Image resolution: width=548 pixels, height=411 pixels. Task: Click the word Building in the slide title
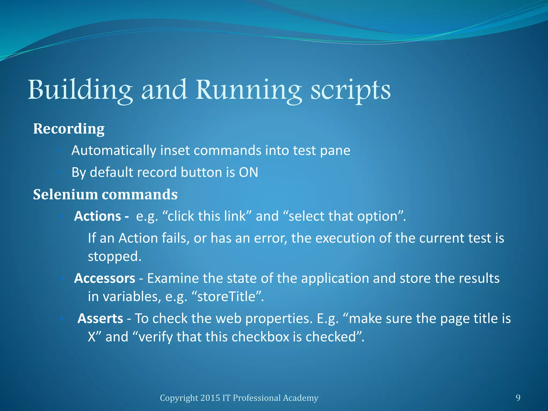pos(80,90)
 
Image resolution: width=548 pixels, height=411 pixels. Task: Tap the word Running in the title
pos(249,90)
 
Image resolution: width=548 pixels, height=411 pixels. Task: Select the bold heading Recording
pos(69,129)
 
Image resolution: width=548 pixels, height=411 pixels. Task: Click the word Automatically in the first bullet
pos(114,151)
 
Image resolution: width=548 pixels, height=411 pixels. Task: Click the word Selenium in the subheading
pos(65,195)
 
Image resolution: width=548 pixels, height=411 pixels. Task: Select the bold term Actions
pos(98,216)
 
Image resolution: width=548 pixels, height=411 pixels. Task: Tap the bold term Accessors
pos(105,278)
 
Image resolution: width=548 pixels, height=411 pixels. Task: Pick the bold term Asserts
pos(100,318)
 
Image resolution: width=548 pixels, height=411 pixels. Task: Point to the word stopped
pos(114,256)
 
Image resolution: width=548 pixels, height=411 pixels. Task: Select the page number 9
pos(518,398)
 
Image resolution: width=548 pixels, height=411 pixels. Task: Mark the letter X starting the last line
pos(92,337)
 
